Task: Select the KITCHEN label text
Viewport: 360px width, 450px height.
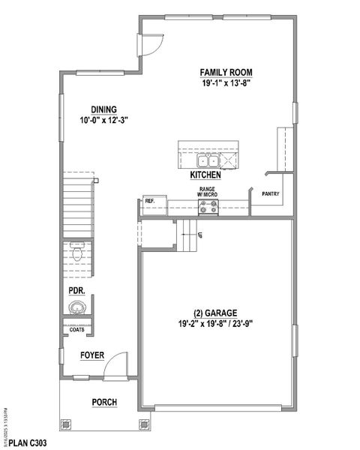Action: click(205, 175)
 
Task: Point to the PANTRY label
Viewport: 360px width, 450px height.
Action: click(271, 194)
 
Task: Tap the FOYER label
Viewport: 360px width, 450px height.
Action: click(92, 355)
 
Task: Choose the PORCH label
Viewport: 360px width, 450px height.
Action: click(104, 403)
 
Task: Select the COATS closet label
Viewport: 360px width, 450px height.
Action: click(76, 329)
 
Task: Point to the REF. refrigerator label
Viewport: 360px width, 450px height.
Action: click(149, 201)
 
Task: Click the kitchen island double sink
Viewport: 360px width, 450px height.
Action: click(208, 160)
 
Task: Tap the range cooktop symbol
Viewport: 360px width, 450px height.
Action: click(208, 210)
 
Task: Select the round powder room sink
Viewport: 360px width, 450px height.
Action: click(76, 307)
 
